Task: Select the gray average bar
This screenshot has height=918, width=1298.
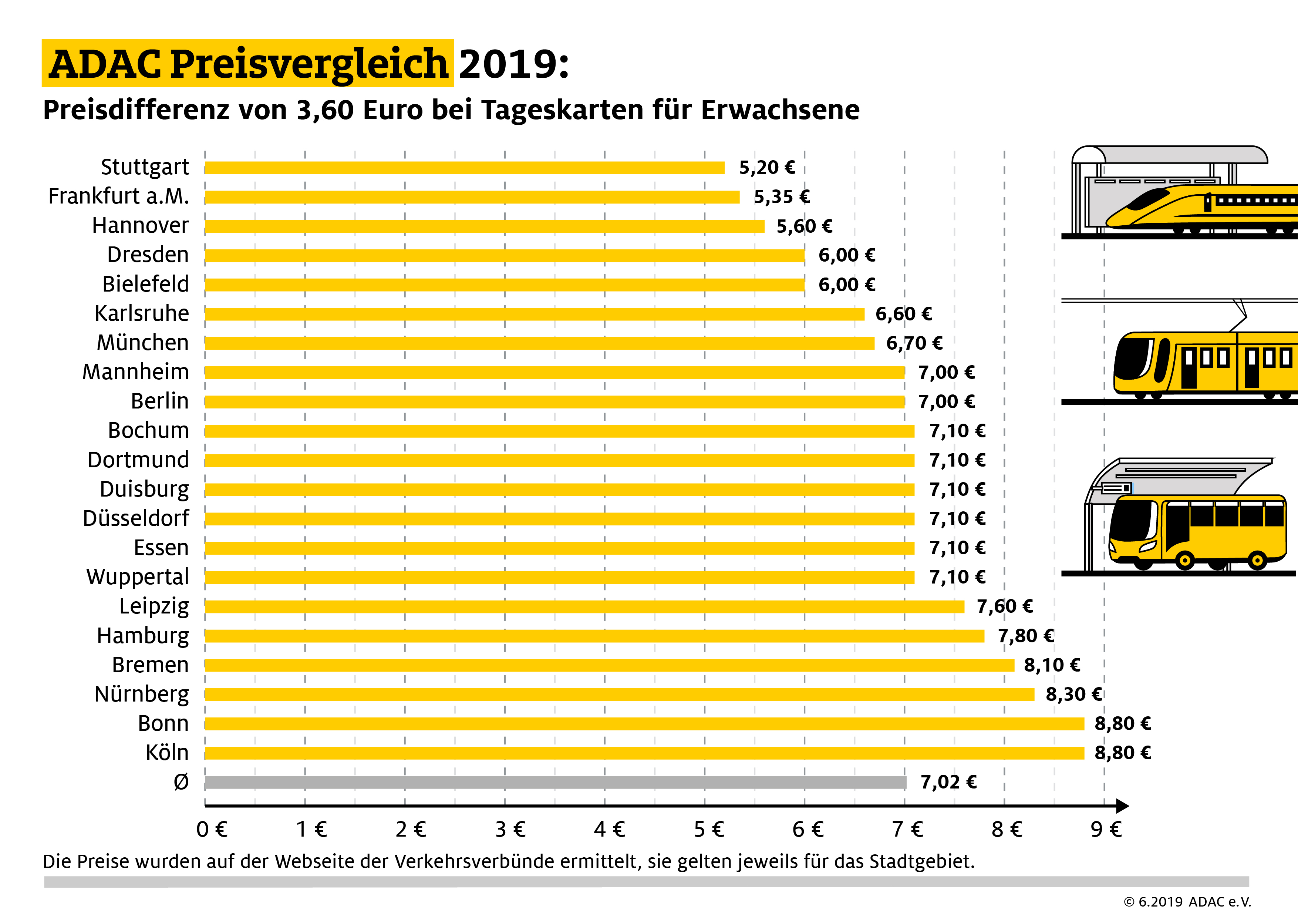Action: (554, 782)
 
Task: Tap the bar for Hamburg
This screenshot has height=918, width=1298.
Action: (594, 636)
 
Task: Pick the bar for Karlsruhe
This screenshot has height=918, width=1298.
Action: (534, 314)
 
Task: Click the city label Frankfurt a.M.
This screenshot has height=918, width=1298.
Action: (119, 196)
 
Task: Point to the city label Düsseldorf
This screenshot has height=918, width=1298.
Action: (136, 518)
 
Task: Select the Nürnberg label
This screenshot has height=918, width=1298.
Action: (141, 694)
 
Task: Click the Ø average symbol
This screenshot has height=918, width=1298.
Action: (181, 782)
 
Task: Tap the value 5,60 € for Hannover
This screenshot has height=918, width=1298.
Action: (804, 226)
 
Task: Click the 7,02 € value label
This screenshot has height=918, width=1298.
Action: (948, 782)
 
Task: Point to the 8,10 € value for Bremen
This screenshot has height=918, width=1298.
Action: (1052, 665)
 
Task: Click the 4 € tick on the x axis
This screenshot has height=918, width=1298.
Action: (609, 829)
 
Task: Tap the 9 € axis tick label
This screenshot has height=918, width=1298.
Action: (1106, 829)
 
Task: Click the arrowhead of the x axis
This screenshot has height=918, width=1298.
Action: (1123, 806)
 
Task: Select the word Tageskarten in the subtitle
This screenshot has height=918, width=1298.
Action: (563, 110)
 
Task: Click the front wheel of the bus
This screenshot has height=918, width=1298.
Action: (1184, 561)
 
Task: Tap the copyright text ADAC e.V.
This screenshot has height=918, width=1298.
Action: (1220, 902)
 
